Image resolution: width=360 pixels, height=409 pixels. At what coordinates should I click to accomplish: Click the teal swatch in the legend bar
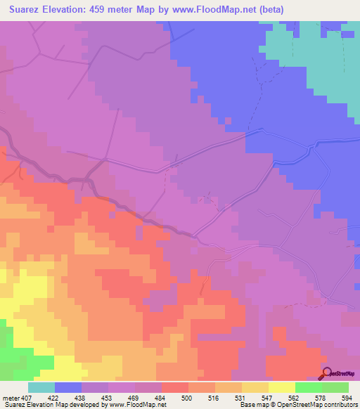(41, 387)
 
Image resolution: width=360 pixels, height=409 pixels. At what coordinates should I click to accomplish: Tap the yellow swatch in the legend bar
(281, 387)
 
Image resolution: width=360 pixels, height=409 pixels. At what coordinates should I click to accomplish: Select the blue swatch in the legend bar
(68, 387)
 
